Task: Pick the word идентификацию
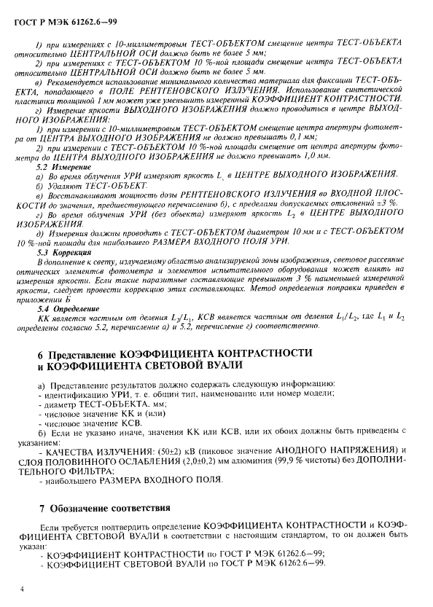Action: [x=69, y=393]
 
